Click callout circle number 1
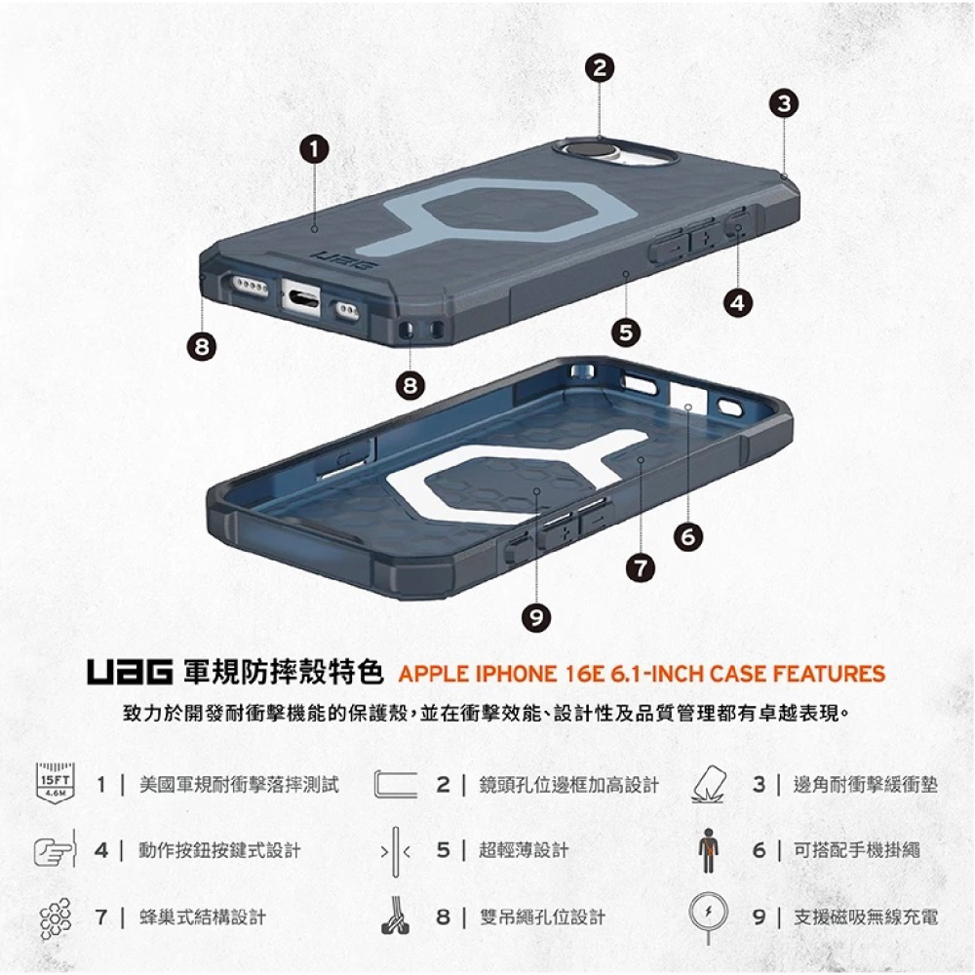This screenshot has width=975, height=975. pyautogui.click(x=313, y=149)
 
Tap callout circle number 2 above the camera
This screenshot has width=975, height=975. pyautogui.click(x=602, y=68)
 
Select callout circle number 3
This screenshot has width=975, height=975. pyautogui.click(x=784, y=102)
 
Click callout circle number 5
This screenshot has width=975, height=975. pyautogui.click(x=625, y=331)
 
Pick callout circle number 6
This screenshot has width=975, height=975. pyautogui.click(x=688, y=535)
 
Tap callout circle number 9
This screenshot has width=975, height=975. pyautogui.click(x=535, y=615)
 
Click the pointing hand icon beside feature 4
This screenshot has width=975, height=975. pyautogui.click(x=55, y=850)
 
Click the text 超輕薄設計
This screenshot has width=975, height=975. pyautogui.click(x=525, y=850)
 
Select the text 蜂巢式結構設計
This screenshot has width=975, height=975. pyautogui.click(x=203, y=916)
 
